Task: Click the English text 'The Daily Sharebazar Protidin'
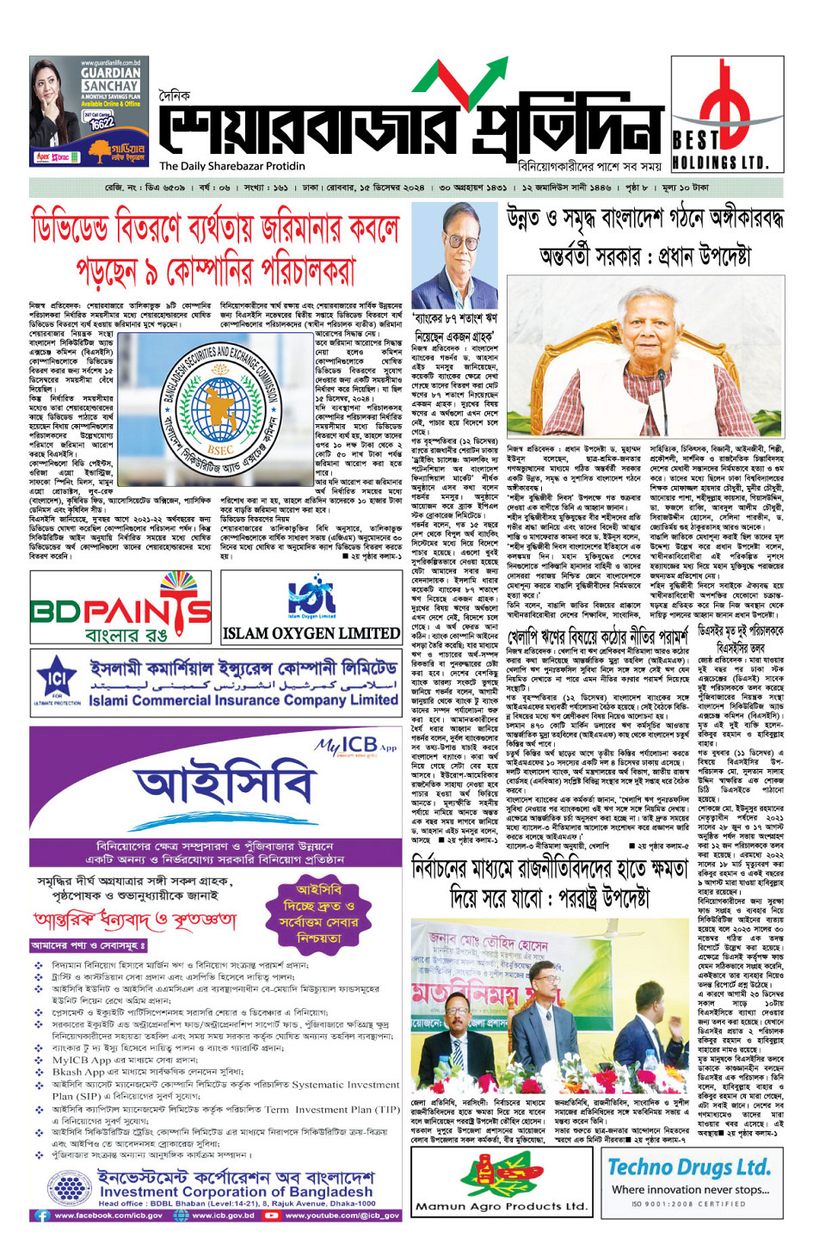pyautogui.click(x=232, y=166)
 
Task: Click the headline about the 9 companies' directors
pyautogui.click(x=215, y=249)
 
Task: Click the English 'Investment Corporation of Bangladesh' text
pyautogui.click(x=236, y=1191)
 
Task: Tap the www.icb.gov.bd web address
pyautogui.click(x=220, y=1215)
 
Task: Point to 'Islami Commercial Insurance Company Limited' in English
pyautogui.click(x=244, y=699)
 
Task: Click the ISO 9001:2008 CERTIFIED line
pyautogui.click(x=688, y=1203)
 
